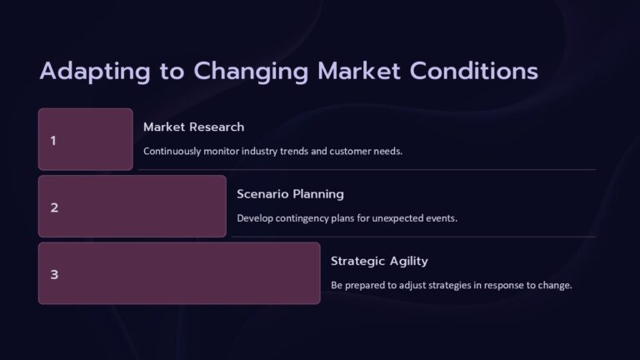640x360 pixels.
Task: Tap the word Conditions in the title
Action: [x=472, y=72]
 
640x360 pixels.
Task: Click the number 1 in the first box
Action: [x=53, y=140]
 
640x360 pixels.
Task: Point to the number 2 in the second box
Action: [x=54, y=207]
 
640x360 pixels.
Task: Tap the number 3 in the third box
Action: [x=54, y=274]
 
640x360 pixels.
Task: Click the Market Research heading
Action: [x=193, y=127]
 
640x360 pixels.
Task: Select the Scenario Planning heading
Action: [x=290, y=194]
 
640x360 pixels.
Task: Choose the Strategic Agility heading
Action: [x=379, y=261]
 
